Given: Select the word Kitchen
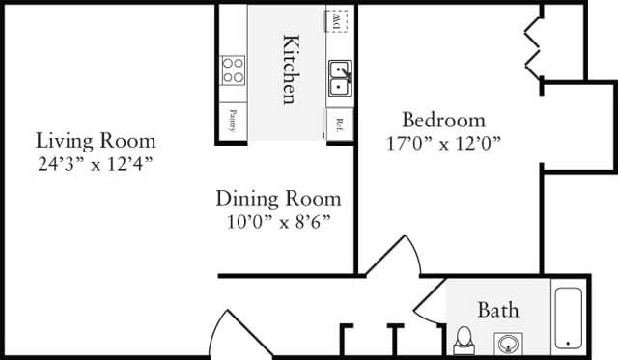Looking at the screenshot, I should point(289,69).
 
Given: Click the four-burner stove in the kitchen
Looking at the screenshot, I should point(233,69).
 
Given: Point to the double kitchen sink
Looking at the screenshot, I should point(339,77).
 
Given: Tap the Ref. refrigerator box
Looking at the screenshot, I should point(340,124).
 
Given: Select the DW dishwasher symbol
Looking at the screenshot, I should point(338,19).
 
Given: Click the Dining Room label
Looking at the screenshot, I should point(278,199).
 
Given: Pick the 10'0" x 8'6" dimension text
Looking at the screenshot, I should point(278,221).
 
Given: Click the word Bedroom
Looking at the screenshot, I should point(442,121).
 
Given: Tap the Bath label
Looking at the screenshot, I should point(498,310).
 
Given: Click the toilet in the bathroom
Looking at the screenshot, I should point(464,340).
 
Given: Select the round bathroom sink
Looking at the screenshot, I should point(508,342).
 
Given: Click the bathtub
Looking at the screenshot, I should point(569,316).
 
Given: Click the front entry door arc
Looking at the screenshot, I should point(226,333).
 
